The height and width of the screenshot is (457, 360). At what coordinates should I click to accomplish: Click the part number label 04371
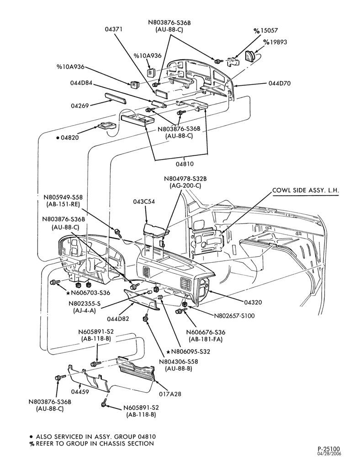114,29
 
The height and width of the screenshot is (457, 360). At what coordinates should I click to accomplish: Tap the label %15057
265,30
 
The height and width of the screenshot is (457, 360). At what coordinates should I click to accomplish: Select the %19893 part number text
275,42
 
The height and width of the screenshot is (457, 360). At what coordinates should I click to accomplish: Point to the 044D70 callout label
279,83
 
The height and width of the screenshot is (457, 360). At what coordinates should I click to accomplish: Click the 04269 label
80,106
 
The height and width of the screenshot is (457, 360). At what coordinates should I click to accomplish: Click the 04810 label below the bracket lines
185,164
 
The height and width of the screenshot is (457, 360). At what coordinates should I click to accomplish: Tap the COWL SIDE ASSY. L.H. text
306,190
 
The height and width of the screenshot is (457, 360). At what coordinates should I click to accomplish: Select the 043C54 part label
144,202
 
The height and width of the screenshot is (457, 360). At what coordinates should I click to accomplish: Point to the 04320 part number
253,302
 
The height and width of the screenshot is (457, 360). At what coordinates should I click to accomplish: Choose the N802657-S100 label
234,316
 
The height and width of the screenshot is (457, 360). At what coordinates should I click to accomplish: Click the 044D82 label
118,319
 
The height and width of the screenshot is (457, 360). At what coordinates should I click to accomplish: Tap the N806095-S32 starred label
188,351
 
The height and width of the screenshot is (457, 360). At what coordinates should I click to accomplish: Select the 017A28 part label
170,394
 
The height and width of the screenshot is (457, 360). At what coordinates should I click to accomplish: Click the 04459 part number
80,392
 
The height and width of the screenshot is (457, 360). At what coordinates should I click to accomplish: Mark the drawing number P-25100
328,448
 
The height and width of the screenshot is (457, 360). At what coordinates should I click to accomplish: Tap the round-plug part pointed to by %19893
250,56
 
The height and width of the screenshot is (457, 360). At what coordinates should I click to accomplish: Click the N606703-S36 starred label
88,293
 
